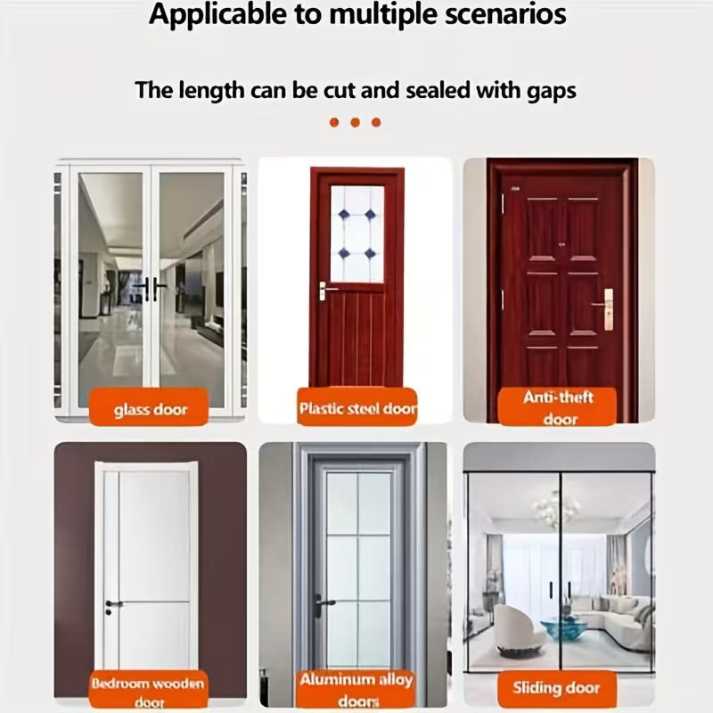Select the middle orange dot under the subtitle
[x=355, y=122]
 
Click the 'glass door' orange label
[x=150, y=411]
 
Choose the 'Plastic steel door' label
[x=357, y=409]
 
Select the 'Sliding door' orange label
[x=556, y=687]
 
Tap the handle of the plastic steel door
[x=326, y=290]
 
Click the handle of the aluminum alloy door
[x=323, y=602]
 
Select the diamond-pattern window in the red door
[x=356, y=234]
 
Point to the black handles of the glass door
[x=150, y=288]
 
